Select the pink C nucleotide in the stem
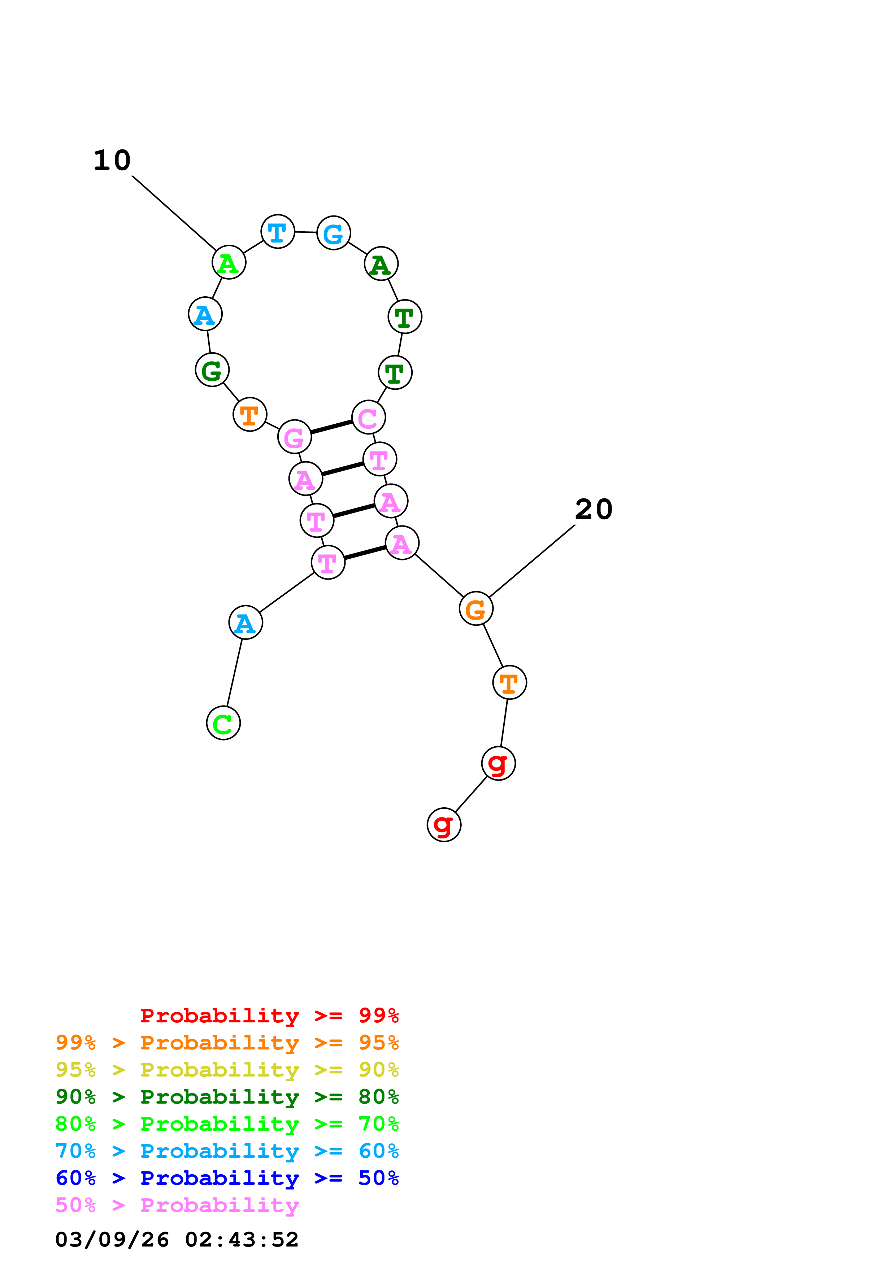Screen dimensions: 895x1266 (x=368, y=418)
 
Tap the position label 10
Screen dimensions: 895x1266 (x=112, y=161)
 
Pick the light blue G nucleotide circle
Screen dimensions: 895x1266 (x=334, y=233)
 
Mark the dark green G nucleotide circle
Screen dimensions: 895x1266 (x=212, y=370)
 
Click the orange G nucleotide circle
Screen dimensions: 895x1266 (x=475, y=609)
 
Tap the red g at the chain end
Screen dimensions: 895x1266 (x=444, y=825)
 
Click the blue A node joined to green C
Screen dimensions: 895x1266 (x=246, y=623)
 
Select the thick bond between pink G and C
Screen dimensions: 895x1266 (x=331, y=427)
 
